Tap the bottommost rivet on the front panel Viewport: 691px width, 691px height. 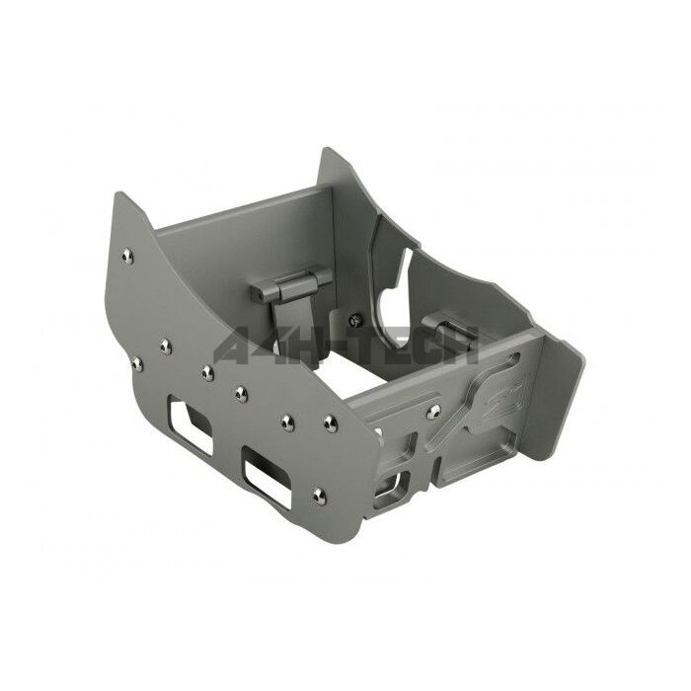pyautogui.click(x=318, y=494)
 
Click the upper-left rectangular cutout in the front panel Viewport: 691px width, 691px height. pyautogui.click(x=188, y=417)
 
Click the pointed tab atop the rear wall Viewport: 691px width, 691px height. pyautogui.click(x=333, y=158)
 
